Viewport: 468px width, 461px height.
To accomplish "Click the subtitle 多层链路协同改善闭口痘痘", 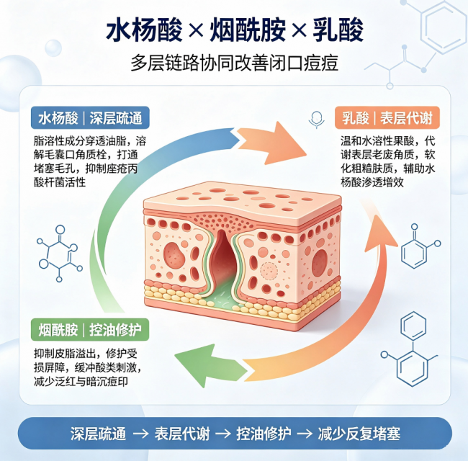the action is click(234, 63).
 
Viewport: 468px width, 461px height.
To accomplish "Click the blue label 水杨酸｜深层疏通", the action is click(90, 118).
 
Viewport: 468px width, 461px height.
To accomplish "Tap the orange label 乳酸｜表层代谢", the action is click(387, 117).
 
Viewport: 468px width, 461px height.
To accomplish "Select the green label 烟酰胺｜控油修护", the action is click(90, 330).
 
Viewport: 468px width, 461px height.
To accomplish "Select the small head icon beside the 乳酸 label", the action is click(316, 120).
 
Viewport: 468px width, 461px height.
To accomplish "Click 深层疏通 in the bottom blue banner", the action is click(98, 434).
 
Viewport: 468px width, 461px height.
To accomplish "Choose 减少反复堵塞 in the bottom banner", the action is click(359, 434).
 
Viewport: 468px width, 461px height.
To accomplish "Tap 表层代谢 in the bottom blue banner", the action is click(181, 434).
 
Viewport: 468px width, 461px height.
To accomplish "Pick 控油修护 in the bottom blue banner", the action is click(264, 434).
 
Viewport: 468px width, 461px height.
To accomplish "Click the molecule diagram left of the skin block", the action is click(59, 254).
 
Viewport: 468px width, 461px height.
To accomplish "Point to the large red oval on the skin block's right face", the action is click(320, 263).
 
